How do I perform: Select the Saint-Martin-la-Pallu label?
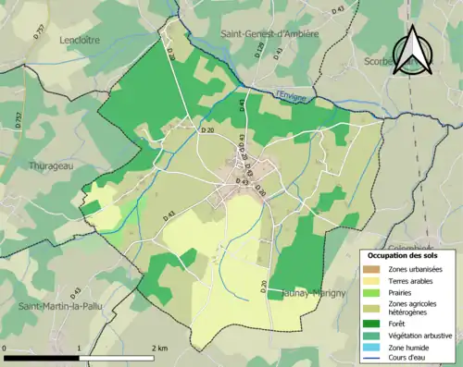pos(62,306)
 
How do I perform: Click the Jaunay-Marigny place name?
pos(313,293)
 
